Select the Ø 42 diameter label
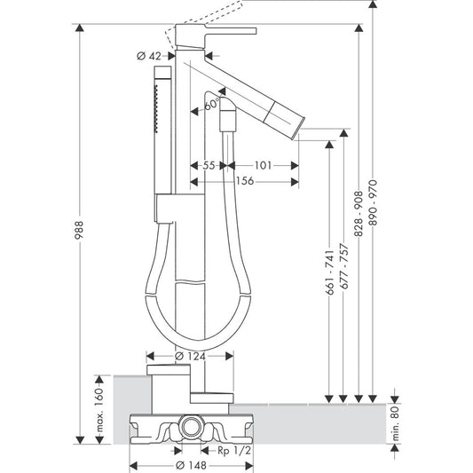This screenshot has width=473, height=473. (150, 56)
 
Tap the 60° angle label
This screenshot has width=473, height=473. (211, 105)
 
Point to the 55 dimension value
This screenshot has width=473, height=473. (209, 165)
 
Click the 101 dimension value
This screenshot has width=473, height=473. (264, 165)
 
